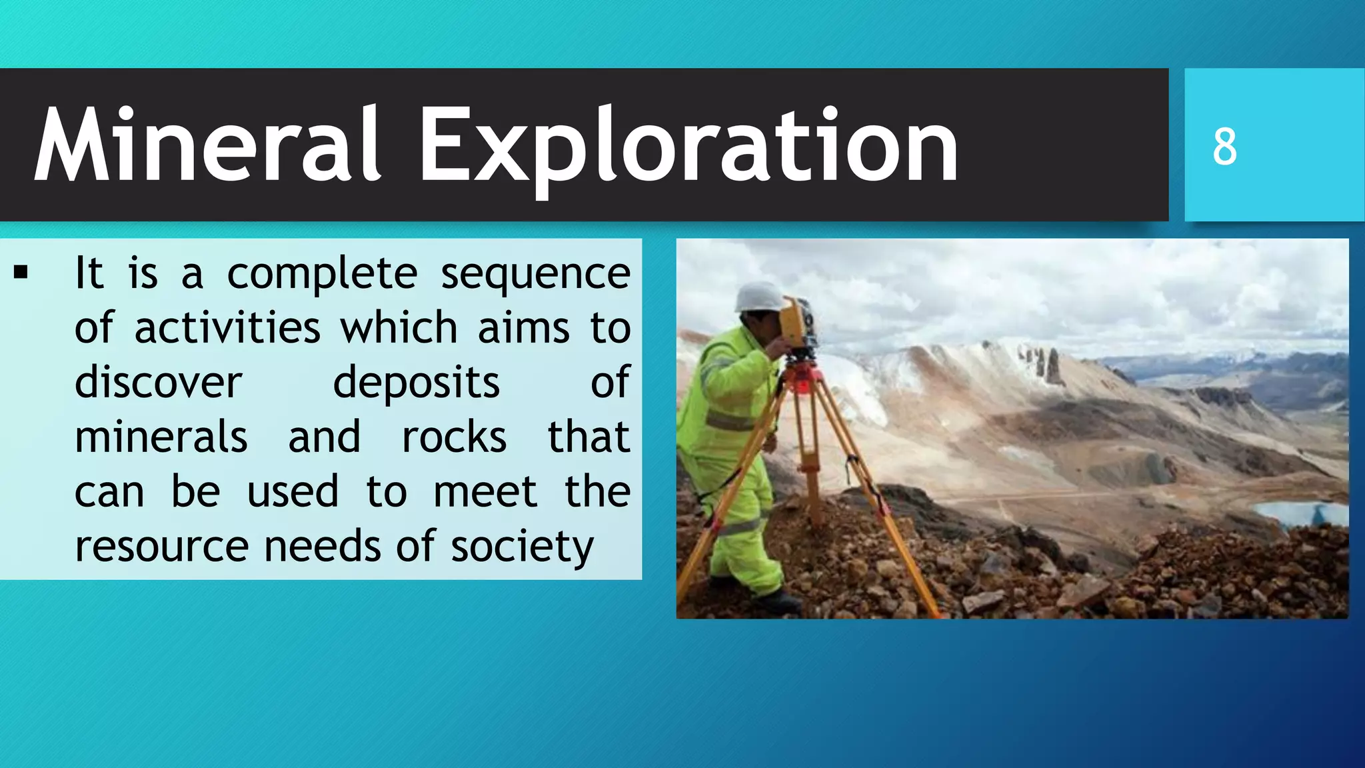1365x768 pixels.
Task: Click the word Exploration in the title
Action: (688, 145)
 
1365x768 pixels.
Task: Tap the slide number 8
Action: (1224, 147)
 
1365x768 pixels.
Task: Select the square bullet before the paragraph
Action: (21, 272)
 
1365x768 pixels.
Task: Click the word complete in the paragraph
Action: (322, 274)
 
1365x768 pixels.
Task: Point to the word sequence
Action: (535, 274)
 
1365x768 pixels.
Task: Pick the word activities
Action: (227, 328)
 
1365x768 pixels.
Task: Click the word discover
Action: (158, 383)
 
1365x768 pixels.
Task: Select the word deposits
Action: (416, 383)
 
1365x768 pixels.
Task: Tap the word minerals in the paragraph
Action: (161, 437)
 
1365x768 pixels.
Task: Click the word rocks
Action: (454, 437)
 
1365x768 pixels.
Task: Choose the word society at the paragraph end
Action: (522, 547)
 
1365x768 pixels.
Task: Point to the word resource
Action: (161, 547)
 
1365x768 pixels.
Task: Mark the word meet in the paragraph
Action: (485, 492)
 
